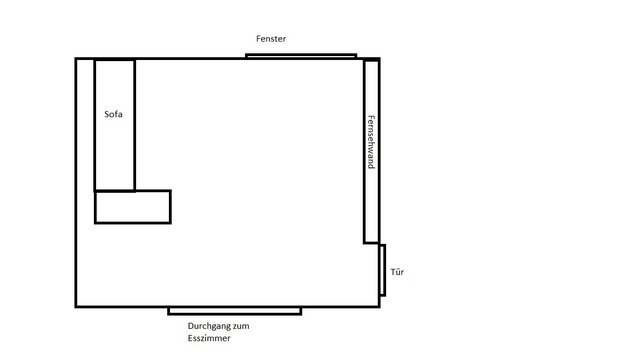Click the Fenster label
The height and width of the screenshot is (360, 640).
[271, 39]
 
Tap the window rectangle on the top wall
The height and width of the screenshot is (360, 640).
[301, 56]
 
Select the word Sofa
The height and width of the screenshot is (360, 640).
[113, 114]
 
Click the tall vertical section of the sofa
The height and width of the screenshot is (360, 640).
[115, 125]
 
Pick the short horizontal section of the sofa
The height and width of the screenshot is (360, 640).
[133, 207]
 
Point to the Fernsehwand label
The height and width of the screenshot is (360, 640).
[371, 142]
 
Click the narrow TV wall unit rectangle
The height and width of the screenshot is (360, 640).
[371, 151]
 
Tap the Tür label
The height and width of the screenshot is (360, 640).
[397, 272]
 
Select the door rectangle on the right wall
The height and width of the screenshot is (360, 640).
[382, 270]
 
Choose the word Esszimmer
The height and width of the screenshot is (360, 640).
[209, 338]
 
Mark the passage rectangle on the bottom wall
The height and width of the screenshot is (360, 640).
[235, 311]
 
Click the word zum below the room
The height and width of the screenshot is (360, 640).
[241, 326]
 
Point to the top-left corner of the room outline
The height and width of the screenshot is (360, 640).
[76, 59]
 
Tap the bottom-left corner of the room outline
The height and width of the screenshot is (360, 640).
[76, 307]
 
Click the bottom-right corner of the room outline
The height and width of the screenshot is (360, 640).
[379, 307]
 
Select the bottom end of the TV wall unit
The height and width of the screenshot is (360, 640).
[371, 243]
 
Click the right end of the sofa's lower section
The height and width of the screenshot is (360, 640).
[171, 207]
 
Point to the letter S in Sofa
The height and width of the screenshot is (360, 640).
[107, 114]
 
